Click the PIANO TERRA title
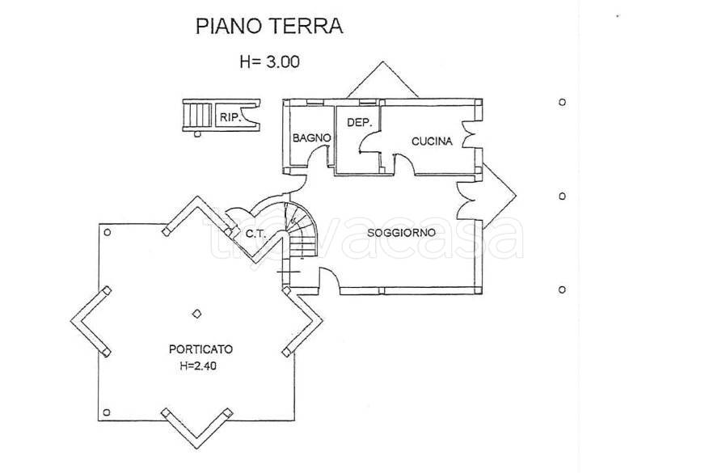point(270,26)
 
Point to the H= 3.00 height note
point(270,61)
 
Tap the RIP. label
point(230,117)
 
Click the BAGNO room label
point(311,138)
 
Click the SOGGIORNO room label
point(401,233)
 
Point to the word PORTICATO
point(200,349)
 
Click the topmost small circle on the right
point(562,103)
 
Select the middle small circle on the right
point(562,196)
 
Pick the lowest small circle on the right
point(562,289)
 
